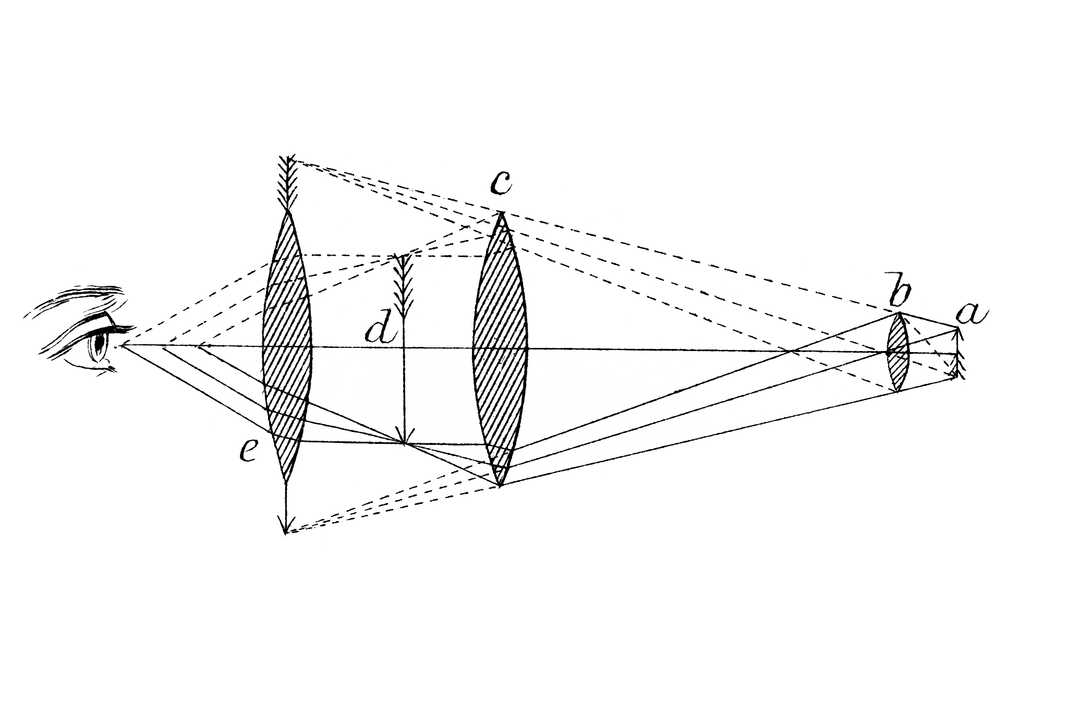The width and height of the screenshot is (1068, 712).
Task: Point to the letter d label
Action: click(x=382, y=329)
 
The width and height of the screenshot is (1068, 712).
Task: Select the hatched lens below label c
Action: click(x=500, y=348)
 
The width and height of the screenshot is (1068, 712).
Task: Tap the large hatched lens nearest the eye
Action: click(x=287, y=345)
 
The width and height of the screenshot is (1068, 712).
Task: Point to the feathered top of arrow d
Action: click(x=404, y=284)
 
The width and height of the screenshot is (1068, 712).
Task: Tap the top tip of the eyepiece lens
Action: click(x=287, y=209)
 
